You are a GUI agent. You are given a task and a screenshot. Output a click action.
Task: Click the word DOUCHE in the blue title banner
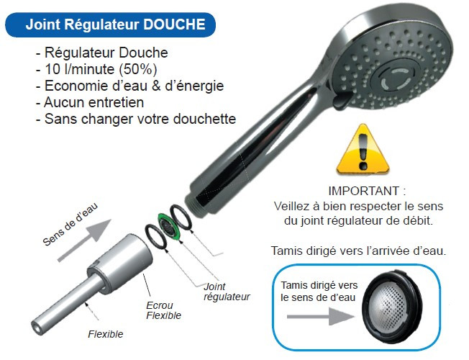(174, 24)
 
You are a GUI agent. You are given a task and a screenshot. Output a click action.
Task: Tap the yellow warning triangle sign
(363, 149)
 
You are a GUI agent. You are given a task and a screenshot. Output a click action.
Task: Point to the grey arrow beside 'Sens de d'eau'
(84, 240)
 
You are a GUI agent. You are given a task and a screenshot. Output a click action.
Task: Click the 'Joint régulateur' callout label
(227, 292)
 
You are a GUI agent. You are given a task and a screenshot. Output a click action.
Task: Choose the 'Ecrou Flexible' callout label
(163, 310)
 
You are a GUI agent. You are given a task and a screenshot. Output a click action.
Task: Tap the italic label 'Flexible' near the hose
(105, 334)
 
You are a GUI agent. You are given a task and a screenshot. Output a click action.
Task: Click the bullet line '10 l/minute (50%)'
(96, 70)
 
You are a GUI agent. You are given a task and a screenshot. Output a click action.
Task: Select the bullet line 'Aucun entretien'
(90, 103)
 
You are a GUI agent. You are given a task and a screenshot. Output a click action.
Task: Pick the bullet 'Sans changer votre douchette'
(136, 120)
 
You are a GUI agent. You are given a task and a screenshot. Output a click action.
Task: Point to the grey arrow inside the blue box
(321, 317)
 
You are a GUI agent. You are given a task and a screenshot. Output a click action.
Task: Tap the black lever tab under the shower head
(342, 101)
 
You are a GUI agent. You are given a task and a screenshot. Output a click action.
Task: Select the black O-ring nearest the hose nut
(156, 237)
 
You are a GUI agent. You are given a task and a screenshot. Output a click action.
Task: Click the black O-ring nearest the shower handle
(181, 217)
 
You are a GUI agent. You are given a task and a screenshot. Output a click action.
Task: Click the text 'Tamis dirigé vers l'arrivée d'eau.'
(358, 251)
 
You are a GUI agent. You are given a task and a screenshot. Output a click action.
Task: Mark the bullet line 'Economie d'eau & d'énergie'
(130, 86)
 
